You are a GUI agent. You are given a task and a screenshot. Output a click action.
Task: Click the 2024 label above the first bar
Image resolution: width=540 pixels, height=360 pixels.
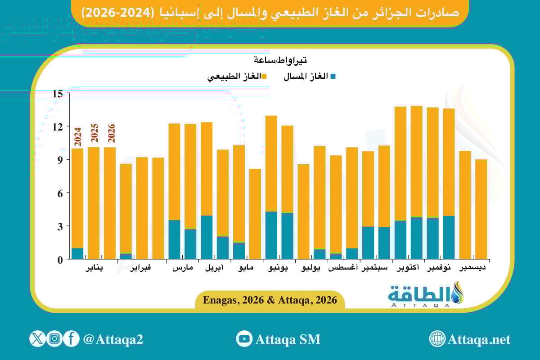77,137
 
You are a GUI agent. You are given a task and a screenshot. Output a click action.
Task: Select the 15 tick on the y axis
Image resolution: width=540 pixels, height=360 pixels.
58,94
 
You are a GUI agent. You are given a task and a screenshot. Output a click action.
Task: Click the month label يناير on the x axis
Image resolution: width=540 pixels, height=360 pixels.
94,268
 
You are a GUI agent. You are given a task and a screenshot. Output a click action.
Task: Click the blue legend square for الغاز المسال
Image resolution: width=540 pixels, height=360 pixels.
333,76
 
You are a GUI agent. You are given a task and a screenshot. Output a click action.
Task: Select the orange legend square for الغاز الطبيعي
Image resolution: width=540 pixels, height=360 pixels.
264,76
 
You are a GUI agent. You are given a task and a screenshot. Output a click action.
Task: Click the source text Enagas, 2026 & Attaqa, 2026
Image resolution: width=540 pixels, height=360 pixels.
270,300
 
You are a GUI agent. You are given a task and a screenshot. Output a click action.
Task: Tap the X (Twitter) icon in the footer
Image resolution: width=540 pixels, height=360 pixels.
37,338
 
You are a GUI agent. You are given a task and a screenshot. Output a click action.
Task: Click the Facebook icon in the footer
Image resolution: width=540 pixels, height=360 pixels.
71,338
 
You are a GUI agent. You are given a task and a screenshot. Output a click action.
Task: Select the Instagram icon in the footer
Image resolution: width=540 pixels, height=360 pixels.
54,338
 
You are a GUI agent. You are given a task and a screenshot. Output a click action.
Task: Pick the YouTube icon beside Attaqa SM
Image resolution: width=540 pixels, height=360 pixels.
244,339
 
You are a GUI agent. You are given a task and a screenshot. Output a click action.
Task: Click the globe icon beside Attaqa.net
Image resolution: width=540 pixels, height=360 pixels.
437,339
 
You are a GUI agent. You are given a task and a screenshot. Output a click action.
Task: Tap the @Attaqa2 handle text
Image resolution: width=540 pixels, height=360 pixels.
113,339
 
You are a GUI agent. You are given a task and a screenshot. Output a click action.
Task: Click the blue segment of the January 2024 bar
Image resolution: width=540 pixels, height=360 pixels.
77,254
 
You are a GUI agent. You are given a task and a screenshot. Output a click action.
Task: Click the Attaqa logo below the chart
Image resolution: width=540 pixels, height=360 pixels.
425,295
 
